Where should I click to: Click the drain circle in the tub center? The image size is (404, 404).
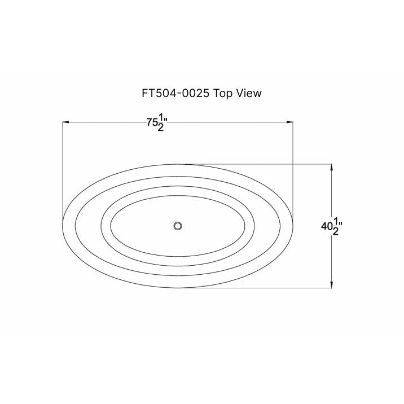pos(178,226)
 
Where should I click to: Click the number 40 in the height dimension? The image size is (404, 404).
pos(326,227)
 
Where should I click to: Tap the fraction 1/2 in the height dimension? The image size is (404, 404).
pos(336,226)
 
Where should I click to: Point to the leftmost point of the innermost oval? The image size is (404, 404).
pos(110,227)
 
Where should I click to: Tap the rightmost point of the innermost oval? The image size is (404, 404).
pos(246,227)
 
